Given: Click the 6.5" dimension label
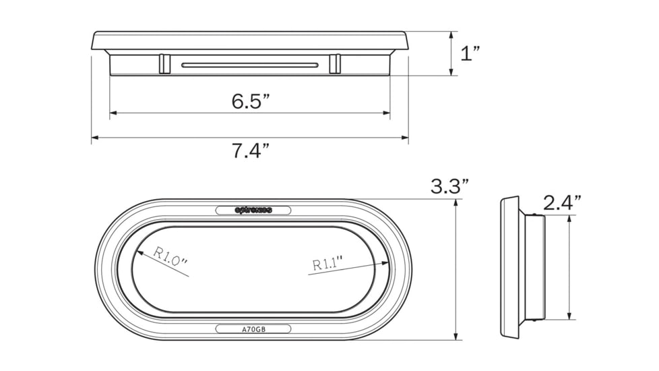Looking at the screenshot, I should [251, 101].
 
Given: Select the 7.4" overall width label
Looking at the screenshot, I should [251, 150].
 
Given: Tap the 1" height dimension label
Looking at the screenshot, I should [470, 54].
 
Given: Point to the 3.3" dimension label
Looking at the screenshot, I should [449, 187].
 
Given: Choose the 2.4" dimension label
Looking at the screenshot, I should [562, 202].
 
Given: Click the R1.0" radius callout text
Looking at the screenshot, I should [170, 259].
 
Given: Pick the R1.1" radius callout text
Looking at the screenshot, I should [327, 262].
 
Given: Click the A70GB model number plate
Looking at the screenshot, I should [253, 329].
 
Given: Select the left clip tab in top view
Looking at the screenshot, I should [164, 64].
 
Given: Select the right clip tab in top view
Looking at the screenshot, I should [334, 64].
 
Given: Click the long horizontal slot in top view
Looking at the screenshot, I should [249, 65].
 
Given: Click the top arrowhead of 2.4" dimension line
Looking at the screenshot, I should [570, 219].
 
